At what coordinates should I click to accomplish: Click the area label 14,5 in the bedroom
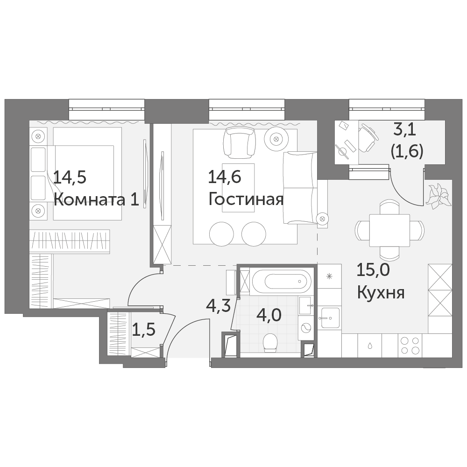point(70,177)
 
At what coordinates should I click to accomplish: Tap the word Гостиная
point(246,199)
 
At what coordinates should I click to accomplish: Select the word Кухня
point(381,293)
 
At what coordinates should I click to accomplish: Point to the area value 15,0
point(373,270)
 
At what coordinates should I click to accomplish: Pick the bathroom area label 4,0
point(269,315)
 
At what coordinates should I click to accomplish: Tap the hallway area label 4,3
point(218,306)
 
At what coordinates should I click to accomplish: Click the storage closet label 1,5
point(143,330)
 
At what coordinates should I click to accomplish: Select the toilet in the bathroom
point(270,342)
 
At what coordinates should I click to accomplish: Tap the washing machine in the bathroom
point(306,328)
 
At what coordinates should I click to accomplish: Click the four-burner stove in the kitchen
point(410,345)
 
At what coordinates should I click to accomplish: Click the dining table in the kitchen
point(389,230)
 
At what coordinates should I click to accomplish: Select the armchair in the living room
point(240,142)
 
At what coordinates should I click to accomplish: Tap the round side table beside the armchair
point(276,139)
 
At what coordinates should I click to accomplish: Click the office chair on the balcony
point(368,138)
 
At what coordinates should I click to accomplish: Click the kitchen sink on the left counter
point(330,318)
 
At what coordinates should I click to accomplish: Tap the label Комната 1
point(97,199)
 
